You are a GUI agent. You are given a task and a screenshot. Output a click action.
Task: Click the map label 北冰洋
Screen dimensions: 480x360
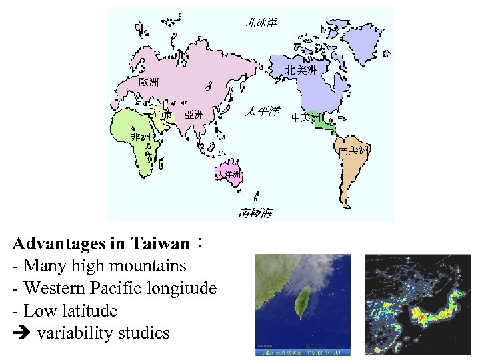(261, 23)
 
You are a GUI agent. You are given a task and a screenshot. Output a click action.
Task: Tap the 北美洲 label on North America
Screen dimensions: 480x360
(301, 69)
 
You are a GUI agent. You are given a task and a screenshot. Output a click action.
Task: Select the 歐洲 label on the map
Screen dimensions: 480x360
(149, 82)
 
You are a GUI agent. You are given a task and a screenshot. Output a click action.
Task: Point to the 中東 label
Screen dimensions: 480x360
(163, 115)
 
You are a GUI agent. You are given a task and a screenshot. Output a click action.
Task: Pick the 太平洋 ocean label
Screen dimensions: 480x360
(263, 111)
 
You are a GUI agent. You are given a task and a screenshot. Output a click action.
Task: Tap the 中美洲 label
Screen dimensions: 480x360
(307, 118)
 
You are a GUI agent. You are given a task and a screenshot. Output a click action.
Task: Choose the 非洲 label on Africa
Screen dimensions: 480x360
(140, 137)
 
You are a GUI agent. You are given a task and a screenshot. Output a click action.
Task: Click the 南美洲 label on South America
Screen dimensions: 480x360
(353, 151)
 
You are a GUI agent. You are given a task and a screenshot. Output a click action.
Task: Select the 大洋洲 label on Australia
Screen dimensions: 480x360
(228, 175)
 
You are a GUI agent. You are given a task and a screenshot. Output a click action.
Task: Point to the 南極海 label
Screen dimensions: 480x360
(255, 213)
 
